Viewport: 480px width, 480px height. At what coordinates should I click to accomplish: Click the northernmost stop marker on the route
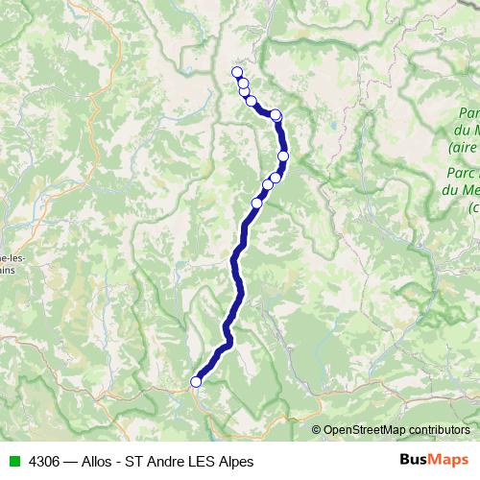tap(237, 72)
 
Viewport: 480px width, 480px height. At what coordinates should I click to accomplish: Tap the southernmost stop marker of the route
tap(196, 381)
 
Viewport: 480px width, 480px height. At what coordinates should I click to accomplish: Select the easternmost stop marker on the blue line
tap(283, 156)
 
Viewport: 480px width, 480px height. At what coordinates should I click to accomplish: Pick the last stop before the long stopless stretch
tap(256, 202)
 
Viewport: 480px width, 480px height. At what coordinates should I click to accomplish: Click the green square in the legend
tap(13, 461)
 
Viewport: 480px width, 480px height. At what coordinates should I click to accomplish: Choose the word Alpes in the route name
tap(240, 461)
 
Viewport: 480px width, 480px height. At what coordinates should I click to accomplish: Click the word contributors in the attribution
tap(439, 430)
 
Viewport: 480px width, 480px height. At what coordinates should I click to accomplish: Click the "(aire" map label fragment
tap(463, 149)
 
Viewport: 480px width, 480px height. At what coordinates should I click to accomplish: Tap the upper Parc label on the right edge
tap(465, 113)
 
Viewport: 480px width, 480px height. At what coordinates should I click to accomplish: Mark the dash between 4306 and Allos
tap(71, 461)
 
